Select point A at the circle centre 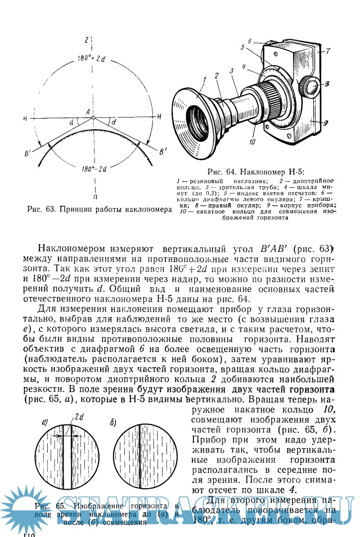[88, 112]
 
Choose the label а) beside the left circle [45, 421]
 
